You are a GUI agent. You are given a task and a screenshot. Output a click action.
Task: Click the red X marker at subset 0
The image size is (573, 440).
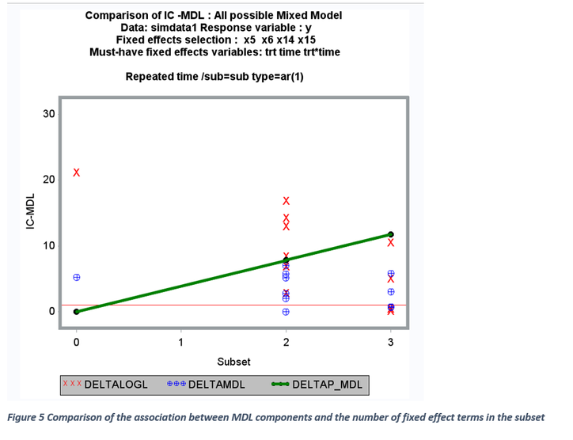[76, 173]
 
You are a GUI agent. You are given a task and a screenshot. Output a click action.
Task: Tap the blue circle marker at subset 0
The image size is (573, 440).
[77, 278]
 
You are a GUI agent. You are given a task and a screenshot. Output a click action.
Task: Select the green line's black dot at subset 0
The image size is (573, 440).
[76, 311]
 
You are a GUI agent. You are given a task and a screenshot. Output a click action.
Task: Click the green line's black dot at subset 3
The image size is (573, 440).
[391, 234]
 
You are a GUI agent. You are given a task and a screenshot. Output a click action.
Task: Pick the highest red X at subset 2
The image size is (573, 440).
[286, 200]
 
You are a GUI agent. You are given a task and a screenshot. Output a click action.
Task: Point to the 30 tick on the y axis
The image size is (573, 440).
[49, 114]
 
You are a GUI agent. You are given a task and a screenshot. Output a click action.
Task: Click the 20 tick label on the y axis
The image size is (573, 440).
[49, 180]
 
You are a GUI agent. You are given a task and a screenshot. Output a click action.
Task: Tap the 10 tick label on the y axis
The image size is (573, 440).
[49, 245]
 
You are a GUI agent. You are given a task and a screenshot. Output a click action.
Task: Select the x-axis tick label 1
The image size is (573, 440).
[180, 343]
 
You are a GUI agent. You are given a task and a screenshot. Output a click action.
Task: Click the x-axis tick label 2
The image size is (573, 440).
[286, 343]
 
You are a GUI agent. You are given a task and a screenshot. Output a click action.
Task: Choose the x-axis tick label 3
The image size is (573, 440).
[390, 343]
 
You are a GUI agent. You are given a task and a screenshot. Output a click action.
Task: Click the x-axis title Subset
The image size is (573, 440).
[233, 362]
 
